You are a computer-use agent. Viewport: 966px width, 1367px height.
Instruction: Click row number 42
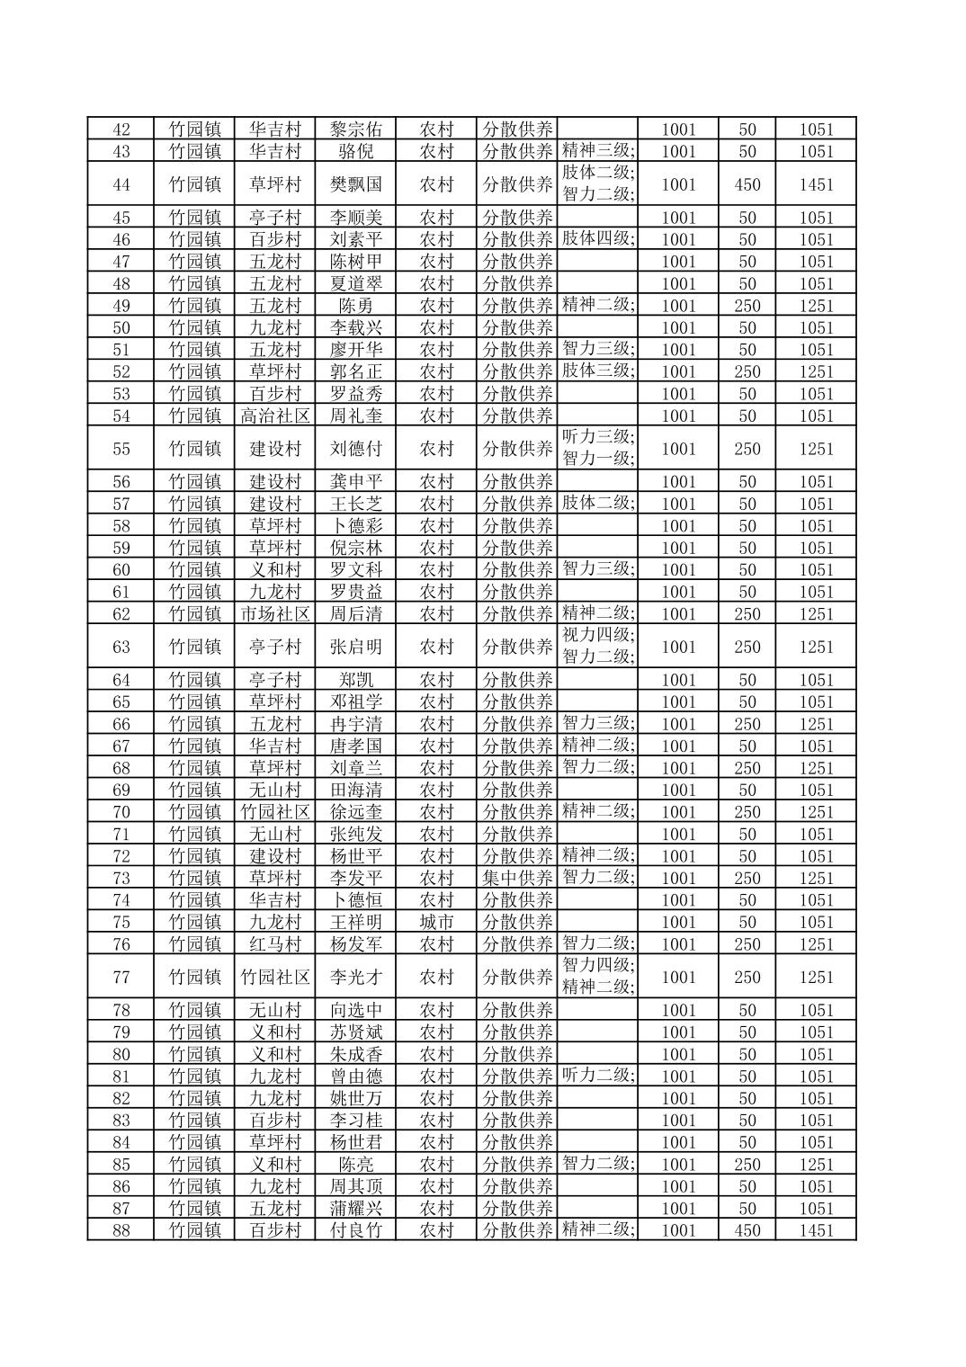(121, 130)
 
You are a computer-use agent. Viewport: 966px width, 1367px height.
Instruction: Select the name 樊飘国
(355, 184)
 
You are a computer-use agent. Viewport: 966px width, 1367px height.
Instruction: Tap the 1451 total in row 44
(816, 184)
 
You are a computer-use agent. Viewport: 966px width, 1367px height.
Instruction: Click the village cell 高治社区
(274, 415)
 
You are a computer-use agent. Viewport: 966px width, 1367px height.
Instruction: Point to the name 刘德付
(355, 449)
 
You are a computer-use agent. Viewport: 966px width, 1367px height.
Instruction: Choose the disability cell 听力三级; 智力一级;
(598, 448)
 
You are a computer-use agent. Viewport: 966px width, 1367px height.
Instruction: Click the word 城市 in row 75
(436, 922)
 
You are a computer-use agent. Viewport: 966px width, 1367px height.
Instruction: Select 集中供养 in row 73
(517, 878)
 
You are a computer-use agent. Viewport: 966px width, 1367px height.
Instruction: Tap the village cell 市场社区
(274, 614)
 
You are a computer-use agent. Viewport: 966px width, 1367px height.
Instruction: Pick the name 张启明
(355, 647)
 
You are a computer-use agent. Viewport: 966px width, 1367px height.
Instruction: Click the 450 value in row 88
(747, 1230)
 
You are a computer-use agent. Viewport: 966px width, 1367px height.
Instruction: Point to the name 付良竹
(355, 1230)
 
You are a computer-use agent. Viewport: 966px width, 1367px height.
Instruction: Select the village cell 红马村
(274, 944)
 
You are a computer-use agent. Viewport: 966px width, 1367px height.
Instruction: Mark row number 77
(121, 977)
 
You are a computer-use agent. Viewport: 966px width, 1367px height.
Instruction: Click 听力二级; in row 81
(598, 1076)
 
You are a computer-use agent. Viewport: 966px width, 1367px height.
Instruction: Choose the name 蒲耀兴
(355, 1208)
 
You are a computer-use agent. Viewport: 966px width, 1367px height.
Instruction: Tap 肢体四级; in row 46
(598, 238)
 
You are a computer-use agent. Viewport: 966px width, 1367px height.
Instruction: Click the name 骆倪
(355, 151)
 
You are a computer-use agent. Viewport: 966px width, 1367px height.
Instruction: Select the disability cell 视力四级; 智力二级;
(598, 646)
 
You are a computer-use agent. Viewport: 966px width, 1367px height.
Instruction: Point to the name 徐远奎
(355, 812)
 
